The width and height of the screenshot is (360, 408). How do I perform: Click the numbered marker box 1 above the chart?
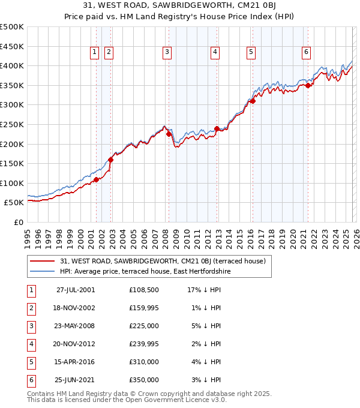pyautogui.click(x=95, y=53)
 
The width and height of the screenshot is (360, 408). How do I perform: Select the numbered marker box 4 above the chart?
pyautogui.click(x=214, y=53)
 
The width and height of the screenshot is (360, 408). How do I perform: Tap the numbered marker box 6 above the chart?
pyautogui.click(x=306, y=53)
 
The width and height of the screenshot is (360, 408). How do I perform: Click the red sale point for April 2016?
pyautogui.click(x=253, y=101)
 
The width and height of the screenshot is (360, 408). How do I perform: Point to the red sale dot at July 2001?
pyautogui.click(x=97, y=179)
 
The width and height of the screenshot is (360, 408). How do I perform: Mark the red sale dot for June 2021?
pyautogui.click(x=308, y=85)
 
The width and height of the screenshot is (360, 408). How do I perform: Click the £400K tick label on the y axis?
pyautogui.click(x=12, y=65)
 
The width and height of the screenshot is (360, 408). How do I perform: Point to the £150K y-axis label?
pyautogui.click(x=12, y=163)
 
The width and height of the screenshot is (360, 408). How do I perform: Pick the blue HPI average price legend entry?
pyautogui.click(x=145, y=271)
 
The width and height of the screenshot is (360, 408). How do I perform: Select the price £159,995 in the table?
pyautogui.click(x=144, y=308)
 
